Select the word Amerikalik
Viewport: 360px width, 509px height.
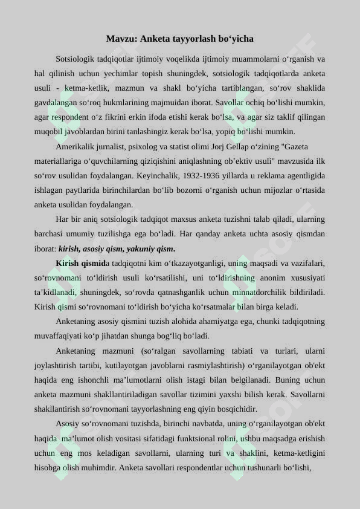coord(75,147)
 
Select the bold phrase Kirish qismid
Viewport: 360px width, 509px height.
coord(80,263)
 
